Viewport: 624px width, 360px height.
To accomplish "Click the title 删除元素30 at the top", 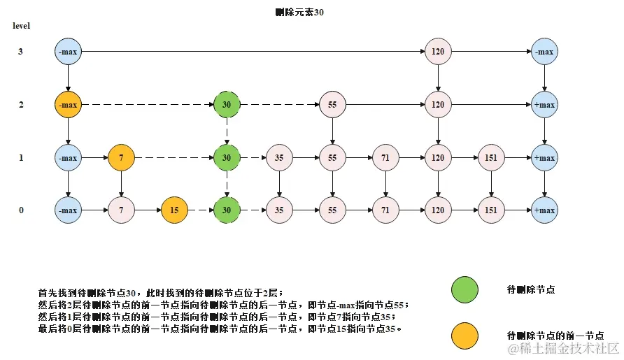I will click(300, 12).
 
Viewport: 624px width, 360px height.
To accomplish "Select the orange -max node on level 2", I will click(69, 105).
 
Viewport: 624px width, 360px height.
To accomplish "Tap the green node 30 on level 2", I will click(226, 105).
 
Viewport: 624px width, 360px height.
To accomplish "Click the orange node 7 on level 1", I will click(122, 158).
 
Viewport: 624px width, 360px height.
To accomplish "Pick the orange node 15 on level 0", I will click(174, 210).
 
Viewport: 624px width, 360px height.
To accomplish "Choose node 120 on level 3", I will click(438, 52).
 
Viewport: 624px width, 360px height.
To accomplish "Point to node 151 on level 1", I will click(491, 158).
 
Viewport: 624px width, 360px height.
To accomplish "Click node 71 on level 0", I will click(385, 210).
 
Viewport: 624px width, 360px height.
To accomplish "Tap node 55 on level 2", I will click(332, 105).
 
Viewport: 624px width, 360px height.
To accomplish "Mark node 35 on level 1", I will click(279, 158).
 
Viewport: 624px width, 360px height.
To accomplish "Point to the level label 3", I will click(21, 52).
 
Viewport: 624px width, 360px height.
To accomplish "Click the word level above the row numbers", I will click(21, 26).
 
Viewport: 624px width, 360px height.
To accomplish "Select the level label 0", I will click(21, 210).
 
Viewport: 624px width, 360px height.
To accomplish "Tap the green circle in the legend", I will click(465, 289).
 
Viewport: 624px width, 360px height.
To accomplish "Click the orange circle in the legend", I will click(465, 335).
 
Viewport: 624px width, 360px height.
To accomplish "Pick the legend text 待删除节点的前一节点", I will click(554, 335).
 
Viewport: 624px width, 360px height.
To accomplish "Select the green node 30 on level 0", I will click(226, 210).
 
